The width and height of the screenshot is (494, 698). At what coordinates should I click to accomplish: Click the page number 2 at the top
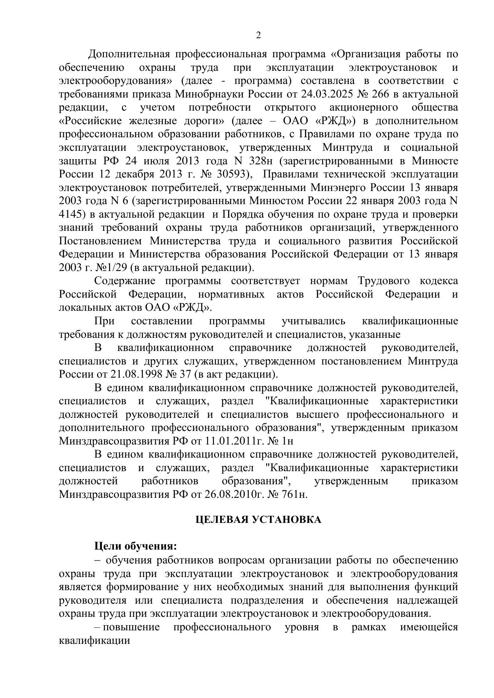258,36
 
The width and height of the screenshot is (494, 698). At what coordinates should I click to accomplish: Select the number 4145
71,214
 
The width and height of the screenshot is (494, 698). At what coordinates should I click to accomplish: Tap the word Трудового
384,281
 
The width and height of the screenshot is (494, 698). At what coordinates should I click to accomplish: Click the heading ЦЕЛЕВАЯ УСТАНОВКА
258,520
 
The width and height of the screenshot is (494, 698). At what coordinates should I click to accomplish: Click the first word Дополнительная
129,54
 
